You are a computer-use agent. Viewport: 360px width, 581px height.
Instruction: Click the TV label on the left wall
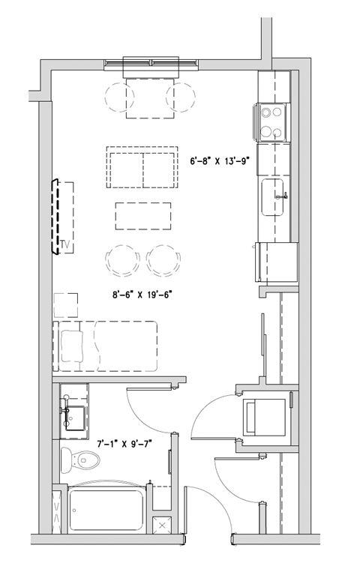(x=64, y=244)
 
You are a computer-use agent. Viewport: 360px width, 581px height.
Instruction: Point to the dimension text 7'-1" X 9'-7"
(x=126, y=444)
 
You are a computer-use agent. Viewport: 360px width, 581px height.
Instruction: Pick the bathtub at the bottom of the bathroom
(x=106, y=509)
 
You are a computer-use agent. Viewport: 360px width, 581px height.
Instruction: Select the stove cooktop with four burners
(x=273, y=121)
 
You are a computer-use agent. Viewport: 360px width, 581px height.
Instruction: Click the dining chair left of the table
(x=120, y=96)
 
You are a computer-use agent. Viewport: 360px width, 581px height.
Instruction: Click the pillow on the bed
(x=73, y=344)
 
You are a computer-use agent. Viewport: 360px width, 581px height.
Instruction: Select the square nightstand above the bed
(x=66, y=304)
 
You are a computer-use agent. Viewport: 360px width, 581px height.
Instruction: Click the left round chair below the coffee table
(x=123, y=261)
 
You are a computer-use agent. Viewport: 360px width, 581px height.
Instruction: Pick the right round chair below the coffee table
(x=163, y=261)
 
